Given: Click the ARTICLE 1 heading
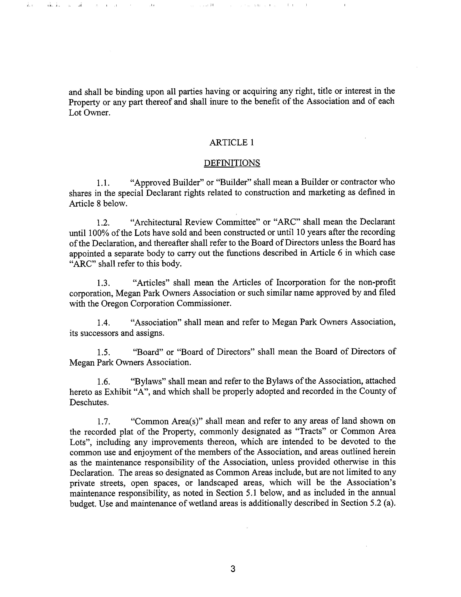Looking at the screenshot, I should click(x=232, y=142).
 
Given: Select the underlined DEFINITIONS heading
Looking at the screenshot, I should click(x=232, y=163).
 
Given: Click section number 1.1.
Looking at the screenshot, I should click(x=103, y=183).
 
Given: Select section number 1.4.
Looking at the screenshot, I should click(x=103, y=323).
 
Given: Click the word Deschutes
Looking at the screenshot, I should click(x=89, y=402).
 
